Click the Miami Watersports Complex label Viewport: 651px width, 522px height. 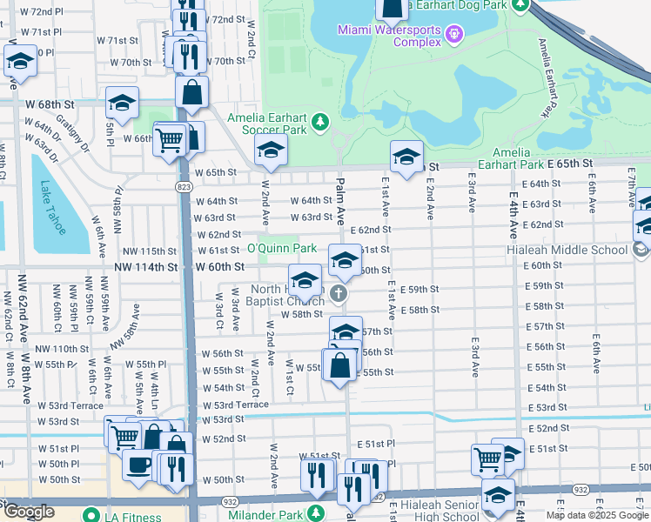click(389, 36)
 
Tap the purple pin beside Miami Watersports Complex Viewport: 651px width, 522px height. click(453, 36)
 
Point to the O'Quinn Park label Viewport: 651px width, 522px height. click(282, 249)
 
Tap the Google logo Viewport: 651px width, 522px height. click(30, 511)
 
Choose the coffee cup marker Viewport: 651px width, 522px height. click(138, 464)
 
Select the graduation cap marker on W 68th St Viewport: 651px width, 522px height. click(123, 103)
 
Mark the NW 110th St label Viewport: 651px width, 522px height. click(62, 348)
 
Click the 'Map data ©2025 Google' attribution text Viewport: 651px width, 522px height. click(596, 515)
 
